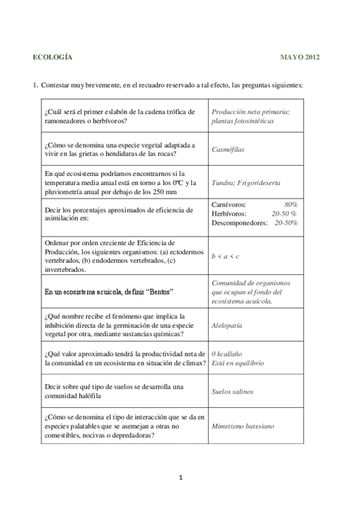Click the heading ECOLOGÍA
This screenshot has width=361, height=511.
click(52, 57)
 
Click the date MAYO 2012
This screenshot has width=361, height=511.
click(300, 57)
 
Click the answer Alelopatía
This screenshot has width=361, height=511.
click(227, 325)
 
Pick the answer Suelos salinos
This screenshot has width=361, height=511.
click(232, 391)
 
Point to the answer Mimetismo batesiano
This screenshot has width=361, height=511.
click(242, 425)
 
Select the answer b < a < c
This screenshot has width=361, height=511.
click(225, 256)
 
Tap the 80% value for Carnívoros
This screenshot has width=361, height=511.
click(290, 205)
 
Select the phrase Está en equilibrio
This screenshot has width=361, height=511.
click(237, 363)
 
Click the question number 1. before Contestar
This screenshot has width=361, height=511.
click(36, 85)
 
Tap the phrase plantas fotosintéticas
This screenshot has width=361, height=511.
click(242, 121)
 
